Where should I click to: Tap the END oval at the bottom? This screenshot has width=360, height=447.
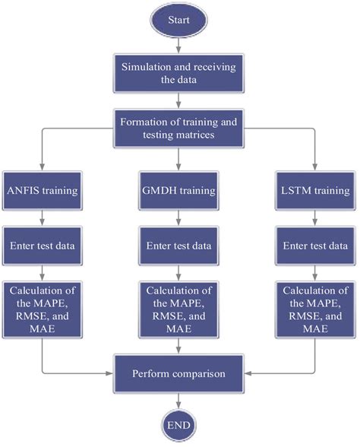pos(179,423)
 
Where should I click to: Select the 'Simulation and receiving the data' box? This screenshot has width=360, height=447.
pos(179,73)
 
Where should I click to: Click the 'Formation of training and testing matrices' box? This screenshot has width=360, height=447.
pos(179,125)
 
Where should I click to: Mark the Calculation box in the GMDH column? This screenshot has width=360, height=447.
pos(179,309)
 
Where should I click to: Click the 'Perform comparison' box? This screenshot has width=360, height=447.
pos(179,374)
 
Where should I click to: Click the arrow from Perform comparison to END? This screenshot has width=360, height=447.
pos(179,400)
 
